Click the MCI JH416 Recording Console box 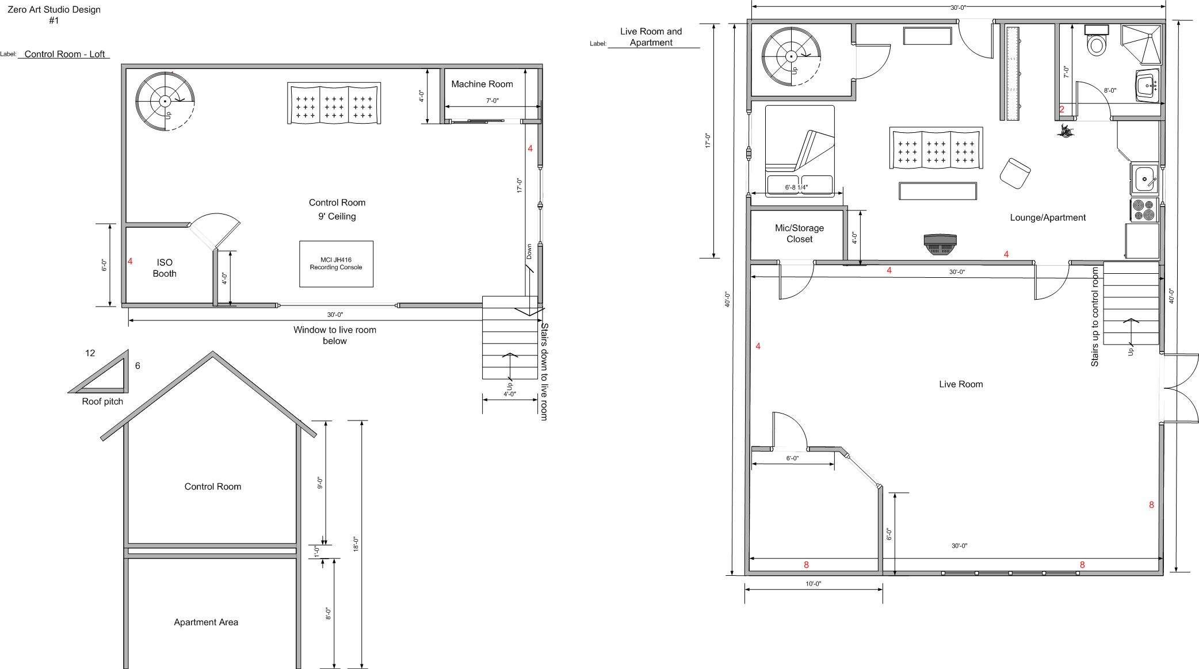pos(336,264)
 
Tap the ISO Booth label pos(165,268)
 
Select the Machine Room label pos(482,84)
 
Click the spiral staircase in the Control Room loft pos(165,101)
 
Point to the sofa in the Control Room pos(334,104)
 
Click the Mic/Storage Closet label pos(799,234)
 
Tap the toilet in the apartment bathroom pos(1097,41)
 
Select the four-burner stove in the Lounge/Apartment pos(1144,210)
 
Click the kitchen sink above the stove pos(1144,179)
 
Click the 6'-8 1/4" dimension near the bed pos(796,188)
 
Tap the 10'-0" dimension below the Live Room pos(813,584)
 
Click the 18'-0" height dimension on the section pos(356,544)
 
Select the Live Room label pos(961,384)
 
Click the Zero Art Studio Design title pos(54,10)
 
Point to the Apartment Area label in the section pos(206,622)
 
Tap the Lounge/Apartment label pos(1047,217)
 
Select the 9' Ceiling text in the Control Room pos(337,217)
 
